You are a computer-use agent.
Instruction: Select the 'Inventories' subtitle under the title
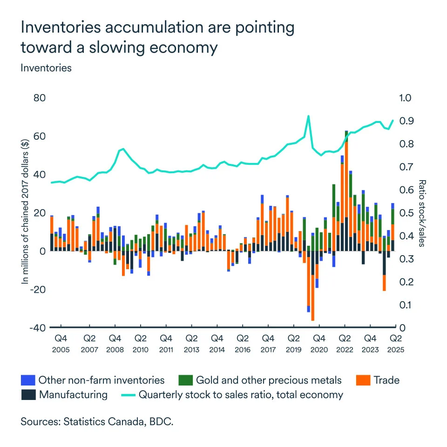coord(46,68)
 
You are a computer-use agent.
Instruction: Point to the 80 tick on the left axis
coord(39,98)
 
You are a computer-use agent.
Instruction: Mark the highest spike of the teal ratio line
coord(308,116)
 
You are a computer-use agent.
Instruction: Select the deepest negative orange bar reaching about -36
coord(312,298)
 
